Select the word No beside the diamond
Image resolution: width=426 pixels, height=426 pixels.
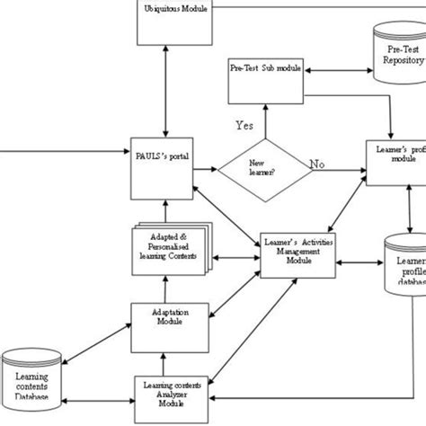317,164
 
